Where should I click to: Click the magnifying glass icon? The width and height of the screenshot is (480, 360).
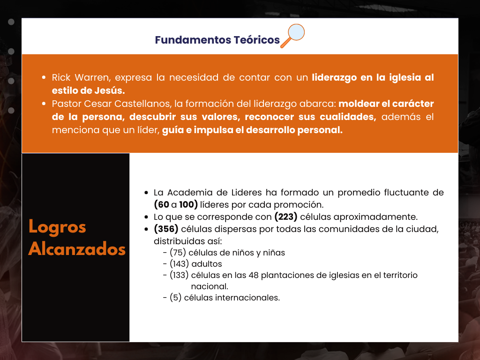click(x=292, y=36)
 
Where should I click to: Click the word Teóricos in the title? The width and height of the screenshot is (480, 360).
click(x=256, y=40)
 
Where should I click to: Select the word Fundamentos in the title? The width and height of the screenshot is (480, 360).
click(x=193, y=40)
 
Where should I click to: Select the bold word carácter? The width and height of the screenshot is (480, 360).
click(x=413, y=104)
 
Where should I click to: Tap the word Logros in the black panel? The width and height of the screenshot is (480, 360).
click(x=57, y=227)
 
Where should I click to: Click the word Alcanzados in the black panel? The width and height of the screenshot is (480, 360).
click(x=77, y=248)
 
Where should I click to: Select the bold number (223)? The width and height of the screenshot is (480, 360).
click(x=286, y=217)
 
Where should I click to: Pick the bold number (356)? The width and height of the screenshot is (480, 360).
click(x=166, y=229)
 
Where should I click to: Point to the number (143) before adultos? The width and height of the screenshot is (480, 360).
click(x=180, y=264)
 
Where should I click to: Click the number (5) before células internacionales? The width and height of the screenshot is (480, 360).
click(x=176, y=298)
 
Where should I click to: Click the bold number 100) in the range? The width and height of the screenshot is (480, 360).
click(x=188, y=204)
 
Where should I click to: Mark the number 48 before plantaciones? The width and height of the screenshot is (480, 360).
click(x=254, y=275)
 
